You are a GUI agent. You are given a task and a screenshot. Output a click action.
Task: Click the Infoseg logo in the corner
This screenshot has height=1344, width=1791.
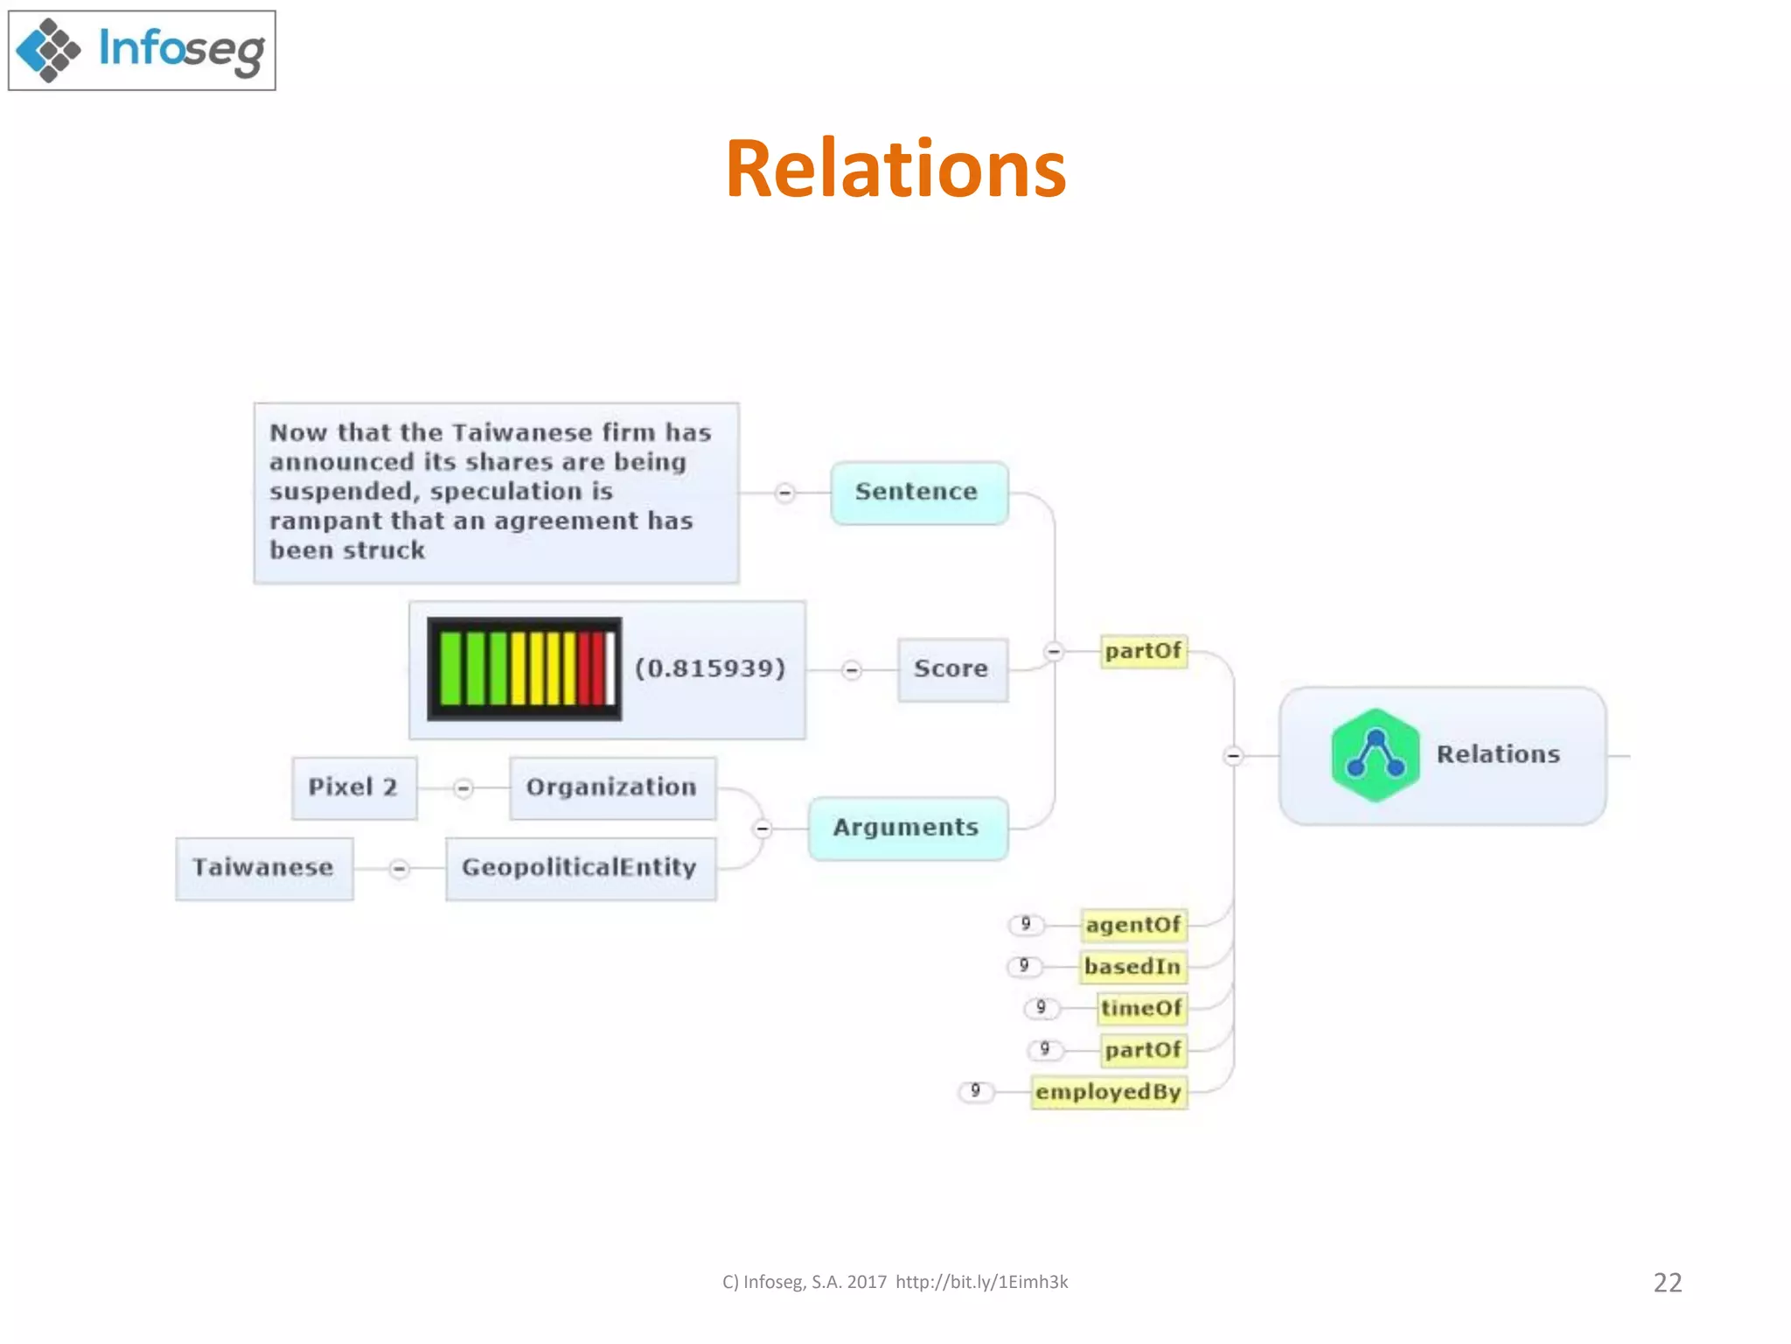(142, 50)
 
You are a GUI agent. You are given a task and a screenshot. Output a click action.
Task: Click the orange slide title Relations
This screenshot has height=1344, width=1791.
(895, 169)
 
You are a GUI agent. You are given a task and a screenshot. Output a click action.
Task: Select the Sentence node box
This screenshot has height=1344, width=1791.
(918, 493)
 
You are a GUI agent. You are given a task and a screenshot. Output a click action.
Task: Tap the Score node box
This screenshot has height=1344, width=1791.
(952, 669)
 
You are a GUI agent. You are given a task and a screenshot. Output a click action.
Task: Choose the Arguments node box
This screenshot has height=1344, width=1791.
(907, 828)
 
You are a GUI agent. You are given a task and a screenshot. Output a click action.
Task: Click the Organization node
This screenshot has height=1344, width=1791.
(612, 787)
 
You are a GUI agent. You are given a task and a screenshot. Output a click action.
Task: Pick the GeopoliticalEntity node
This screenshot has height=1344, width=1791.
(580, 868)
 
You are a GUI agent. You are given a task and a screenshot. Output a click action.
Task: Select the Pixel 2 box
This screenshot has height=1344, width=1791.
(353, 787)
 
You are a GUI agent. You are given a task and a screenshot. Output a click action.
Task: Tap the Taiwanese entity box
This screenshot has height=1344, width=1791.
(264, 868)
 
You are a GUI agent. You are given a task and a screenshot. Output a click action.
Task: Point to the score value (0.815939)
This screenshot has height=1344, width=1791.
(710, 669)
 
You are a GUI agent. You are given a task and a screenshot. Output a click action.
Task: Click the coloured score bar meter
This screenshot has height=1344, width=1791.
(525, 669)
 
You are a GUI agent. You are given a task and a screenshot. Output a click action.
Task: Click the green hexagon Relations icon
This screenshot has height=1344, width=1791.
(1375, 755)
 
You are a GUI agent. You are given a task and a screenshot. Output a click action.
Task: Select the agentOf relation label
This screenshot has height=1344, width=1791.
(1133, 925)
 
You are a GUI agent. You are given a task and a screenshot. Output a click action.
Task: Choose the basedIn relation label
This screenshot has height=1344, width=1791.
(1132, 967)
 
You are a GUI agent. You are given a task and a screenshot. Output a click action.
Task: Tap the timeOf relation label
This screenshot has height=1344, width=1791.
(1141, 1008)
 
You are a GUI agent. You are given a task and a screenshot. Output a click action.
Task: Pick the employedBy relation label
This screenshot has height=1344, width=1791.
(1108, 1092)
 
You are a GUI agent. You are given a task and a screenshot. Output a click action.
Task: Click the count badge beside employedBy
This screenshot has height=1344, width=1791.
(976, 1091)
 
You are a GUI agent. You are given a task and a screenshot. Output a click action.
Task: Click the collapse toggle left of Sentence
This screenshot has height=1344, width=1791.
(784, 493)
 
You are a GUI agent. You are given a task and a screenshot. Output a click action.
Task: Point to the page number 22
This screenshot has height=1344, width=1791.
(1667, 1283)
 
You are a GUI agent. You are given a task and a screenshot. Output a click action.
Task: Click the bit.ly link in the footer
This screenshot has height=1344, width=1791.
(981, 1283)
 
